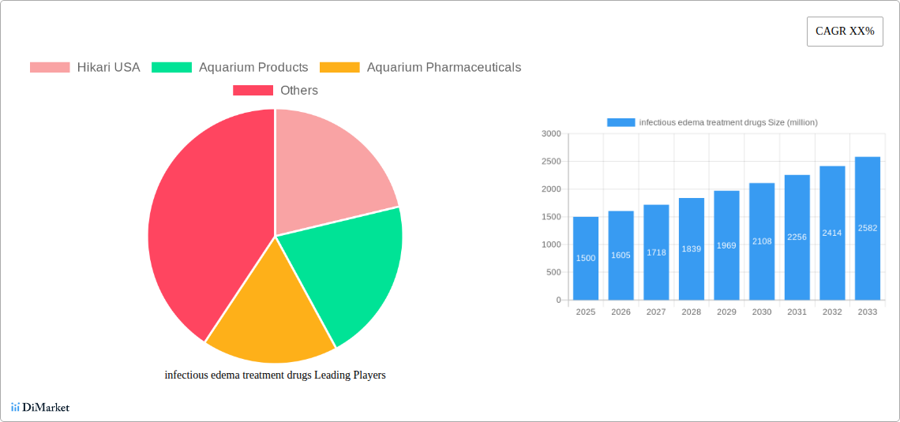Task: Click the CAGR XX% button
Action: tap(845, 32)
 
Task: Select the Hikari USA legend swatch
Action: tap(50, 68)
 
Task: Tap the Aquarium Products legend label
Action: tap(253, 68)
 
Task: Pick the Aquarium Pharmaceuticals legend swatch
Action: tap(340, 68)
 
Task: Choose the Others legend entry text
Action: tap(299, 91)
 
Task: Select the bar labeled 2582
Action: tap(868, 229)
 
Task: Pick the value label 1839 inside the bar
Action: tap(692, 249)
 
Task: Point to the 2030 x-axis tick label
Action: tap(762, 312)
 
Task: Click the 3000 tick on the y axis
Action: tap(551, 134)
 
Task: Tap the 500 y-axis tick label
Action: tap(553, 273)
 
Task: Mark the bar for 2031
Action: tap(797, 237)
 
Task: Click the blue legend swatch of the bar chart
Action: tap(621, 122)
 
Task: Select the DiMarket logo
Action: tap(40, 407)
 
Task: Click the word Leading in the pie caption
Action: tap(331, 375)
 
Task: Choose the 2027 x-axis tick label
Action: tap(656, 312)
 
